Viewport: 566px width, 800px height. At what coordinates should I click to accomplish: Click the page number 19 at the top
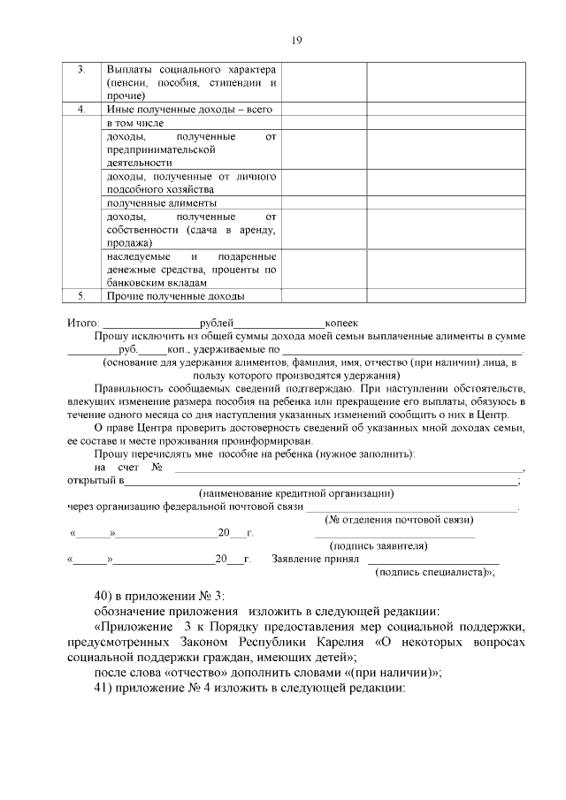tap(297, 40)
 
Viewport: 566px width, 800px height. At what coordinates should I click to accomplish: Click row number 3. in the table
tap(81, 70)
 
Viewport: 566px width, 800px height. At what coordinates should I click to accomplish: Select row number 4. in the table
tap(81, 110)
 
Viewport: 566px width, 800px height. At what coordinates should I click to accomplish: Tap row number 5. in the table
tap(81, 296)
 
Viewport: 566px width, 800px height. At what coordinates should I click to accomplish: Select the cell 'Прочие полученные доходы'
tap(175, 296)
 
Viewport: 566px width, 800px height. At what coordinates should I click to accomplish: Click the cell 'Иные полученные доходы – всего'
tap(188, 110)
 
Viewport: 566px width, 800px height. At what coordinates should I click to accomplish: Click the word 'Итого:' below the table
tap(83, 324)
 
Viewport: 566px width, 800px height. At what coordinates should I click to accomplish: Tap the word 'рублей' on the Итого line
tap(217, 324)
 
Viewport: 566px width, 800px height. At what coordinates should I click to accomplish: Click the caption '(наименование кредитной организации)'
tap(296, 493)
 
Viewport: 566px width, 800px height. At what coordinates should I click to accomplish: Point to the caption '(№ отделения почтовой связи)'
tap(399, 519)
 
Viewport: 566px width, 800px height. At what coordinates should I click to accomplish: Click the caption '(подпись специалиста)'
tap(432, 572)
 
